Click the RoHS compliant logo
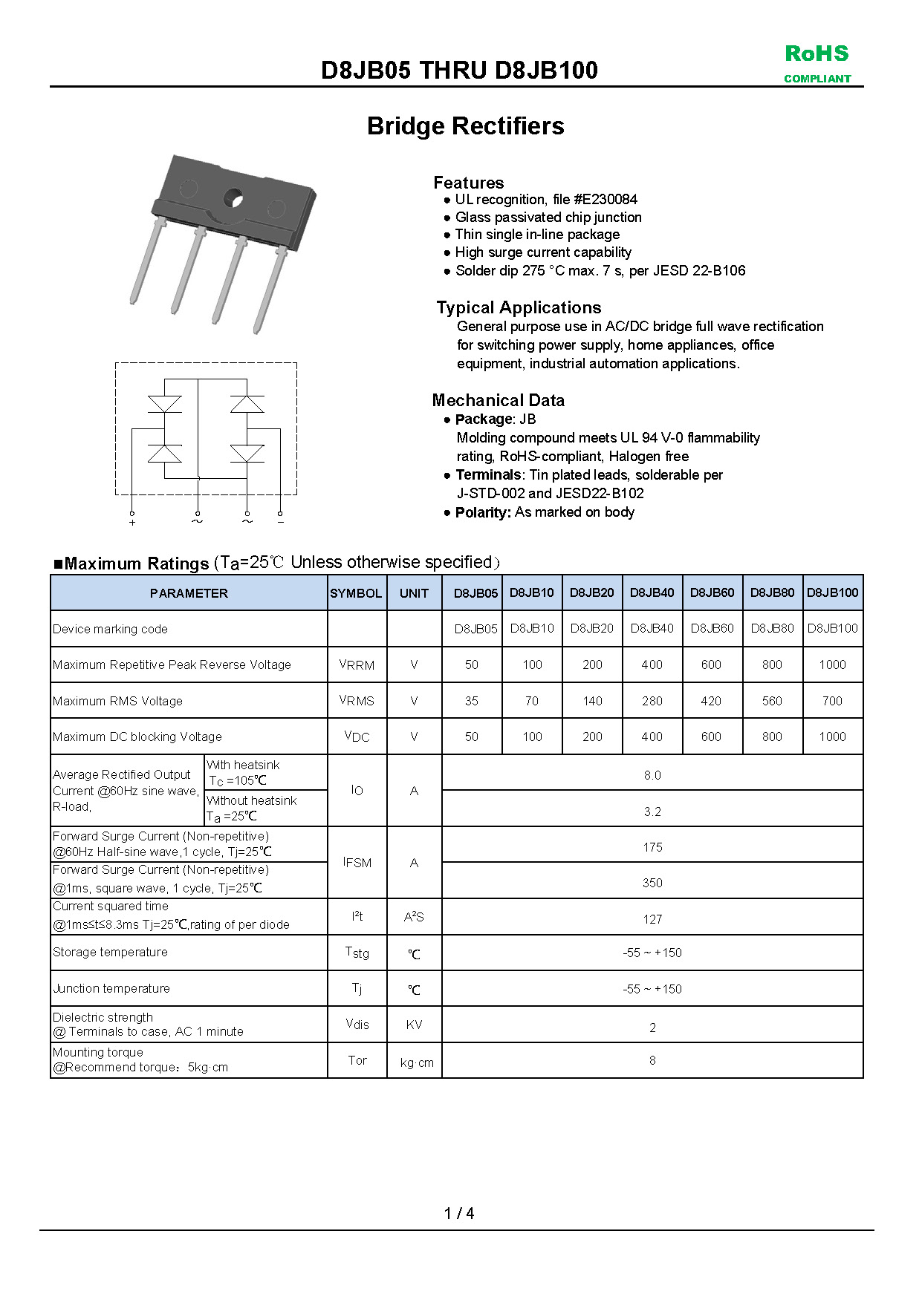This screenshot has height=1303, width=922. tap(817, 63)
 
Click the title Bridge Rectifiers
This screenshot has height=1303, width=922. tap(465, 126)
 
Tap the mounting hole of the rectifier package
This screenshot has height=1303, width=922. tap(233, 198)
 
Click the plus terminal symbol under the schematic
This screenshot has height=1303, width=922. tap(132, 522)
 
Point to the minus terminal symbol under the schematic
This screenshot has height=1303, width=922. tap(280, 522)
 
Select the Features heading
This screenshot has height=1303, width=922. tap(468, 183)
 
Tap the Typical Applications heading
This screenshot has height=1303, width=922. tap(519, 307)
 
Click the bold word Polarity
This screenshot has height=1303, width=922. tap(483, 512)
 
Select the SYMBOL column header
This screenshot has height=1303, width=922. tap(356, 593)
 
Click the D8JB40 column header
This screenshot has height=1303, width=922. tap(652, 592)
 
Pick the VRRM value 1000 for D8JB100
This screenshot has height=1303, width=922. tap(832, 664)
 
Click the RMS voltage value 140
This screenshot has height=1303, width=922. tap(592, 701)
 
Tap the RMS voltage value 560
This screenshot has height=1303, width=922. tap(772, 701)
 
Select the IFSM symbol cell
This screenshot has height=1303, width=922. tap(357, 863)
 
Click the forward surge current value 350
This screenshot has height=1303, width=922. tap(652, 883)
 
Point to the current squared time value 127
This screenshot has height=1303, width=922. tap(652, 919)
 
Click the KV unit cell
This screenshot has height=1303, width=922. tap(414, 1025)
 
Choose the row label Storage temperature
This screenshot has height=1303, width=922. tap(110, 952)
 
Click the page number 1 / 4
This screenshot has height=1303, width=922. tap(459, 1213)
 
